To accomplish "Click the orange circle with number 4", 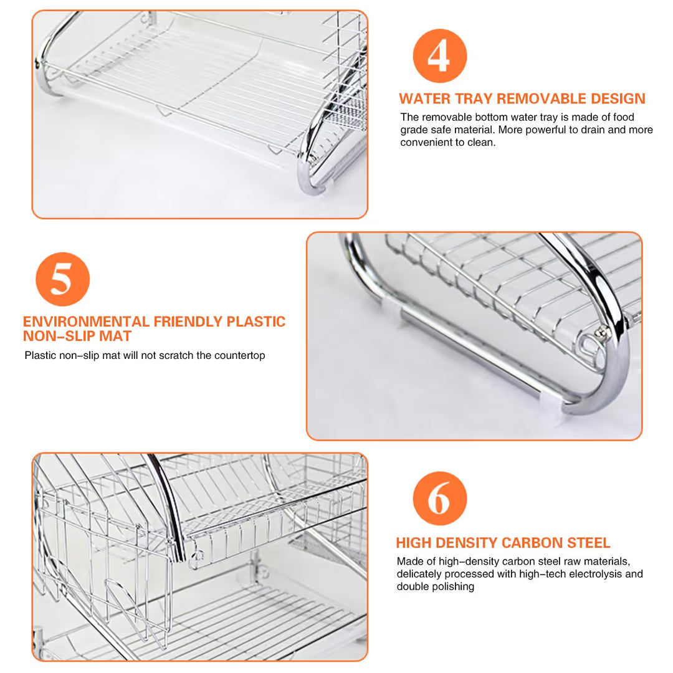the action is click(439, 56).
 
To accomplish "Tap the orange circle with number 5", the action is click(63, 279).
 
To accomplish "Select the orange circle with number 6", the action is click(439, 499).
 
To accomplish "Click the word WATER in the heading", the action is click(424, 98).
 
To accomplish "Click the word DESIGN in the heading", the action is click(618, 98).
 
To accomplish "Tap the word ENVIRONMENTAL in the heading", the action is click(86, 322).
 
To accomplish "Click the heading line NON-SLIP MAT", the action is click(77, 336).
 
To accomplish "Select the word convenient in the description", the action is click(425, 143).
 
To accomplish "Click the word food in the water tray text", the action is click(623, 117).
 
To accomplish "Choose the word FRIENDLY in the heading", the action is click(188, 322).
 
